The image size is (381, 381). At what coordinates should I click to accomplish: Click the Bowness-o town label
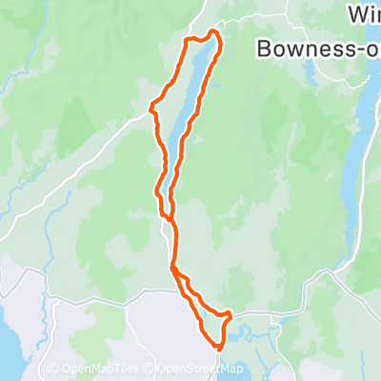[319, 48]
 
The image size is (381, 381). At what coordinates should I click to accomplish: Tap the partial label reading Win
[365, 16]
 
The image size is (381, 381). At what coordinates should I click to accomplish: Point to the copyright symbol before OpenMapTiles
[53, 370]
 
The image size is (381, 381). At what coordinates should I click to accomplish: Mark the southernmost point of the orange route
[217, 349]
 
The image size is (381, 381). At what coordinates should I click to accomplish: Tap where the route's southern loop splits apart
[174, 270]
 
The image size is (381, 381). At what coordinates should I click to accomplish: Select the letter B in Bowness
[266, 48]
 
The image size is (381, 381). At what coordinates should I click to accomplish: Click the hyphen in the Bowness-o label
[359, 50]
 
